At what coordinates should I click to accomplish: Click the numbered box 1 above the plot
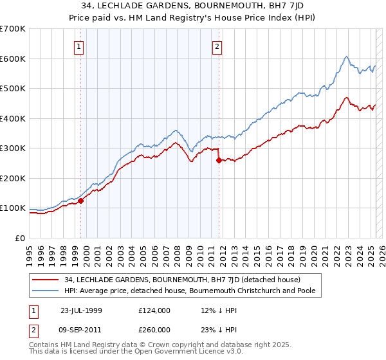tap(78, 46)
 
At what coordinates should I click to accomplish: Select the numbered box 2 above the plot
tap(217, 46)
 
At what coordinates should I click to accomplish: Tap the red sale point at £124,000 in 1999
tap(81, 201)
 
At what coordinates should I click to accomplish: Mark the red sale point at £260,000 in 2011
tap(219, 161)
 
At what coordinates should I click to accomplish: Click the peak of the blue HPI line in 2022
tap(346, 57)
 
